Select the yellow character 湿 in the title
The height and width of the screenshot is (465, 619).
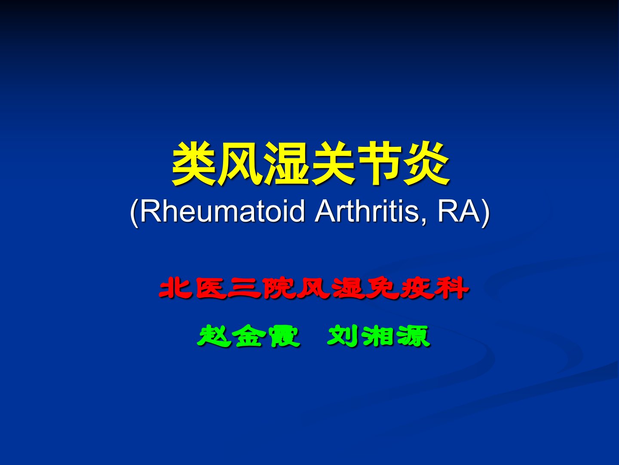tap(288, 164)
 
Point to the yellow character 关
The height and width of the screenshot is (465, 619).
tap(333, 164)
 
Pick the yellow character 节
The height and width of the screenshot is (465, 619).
tap(380, 164)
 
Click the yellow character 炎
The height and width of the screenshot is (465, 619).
tap(426, 164)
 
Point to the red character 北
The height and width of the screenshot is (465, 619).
tap(175, 288)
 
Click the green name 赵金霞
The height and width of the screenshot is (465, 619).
tap(249, 336)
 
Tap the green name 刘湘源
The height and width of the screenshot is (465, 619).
tap(379, 336)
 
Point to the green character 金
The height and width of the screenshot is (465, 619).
tap(249, 336)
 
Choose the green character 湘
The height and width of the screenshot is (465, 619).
tap(379, 336)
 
